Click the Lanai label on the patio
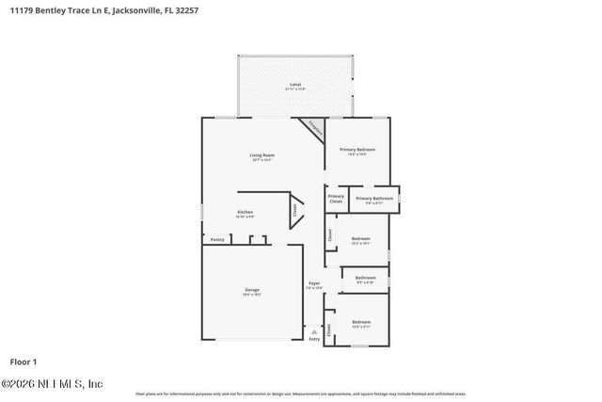(x=295, y=85)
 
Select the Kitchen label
(x=246, y=212)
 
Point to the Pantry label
(x=217, y=239)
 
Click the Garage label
(x=252, y=289)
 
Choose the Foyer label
(x=315, y=283)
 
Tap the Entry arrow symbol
(x=314, y=331)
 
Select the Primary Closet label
(x=336, y=198)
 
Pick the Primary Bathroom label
(x=373, y=198)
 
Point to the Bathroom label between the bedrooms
(x=366, y=278)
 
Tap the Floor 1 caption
(x=24, y=362)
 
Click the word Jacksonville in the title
(x=143, y=9)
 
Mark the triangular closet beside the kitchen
(x=295, y=211)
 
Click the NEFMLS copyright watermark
(x=53, y=384)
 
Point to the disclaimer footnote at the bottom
(x=301, y=394)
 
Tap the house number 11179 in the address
(x=20, y=9)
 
